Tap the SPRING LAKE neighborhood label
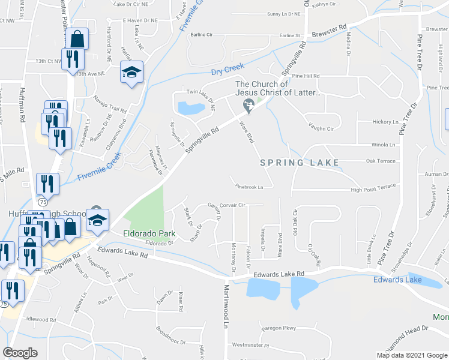300,163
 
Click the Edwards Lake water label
397,280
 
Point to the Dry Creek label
229,73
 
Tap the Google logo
20,353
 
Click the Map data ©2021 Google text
412,355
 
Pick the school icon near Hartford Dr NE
131,72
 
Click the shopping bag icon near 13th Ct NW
78,39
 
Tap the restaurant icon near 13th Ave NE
71,59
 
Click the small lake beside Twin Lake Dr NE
191,108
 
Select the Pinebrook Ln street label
250,187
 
